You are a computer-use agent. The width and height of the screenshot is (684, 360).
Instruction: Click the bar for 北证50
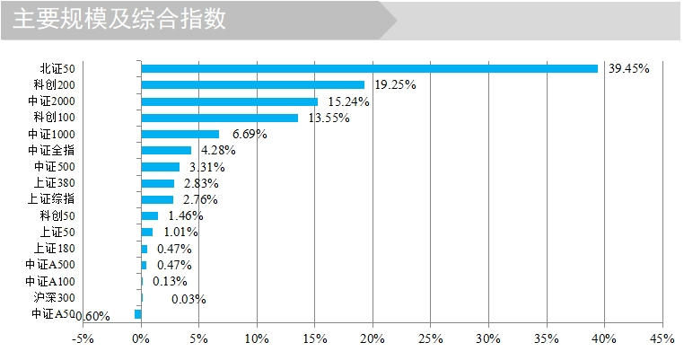369,68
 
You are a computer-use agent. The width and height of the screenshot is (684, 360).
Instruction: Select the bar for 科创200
252,84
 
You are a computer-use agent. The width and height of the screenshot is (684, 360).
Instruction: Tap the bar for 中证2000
229,101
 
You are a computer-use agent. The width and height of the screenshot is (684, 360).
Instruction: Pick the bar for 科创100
219,118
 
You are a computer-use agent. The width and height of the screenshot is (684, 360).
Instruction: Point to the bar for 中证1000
180,134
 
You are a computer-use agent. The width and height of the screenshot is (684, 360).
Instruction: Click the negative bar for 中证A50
138,314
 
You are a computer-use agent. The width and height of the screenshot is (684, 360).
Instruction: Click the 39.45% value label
628,68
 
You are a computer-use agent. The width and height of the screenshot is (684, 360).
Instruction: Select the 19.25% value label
395,84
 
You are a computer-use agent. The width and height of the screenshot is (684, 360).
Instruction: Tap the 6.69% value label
250,134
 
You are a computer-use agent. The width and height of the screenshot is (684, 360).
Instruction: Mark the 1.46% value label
186,215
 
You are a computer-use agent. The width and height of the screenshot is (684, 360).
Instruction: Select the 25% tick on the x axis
430,339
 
